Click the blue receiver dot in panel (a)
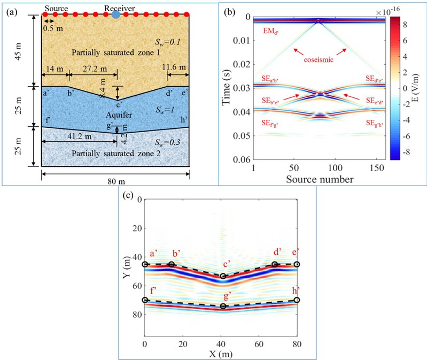tap(116, 15)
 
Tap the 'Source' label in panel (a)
tap(57, 7)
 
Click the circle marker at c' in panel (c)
tap(223, 277)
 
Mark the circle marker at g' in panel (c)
tap(223, 307)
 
